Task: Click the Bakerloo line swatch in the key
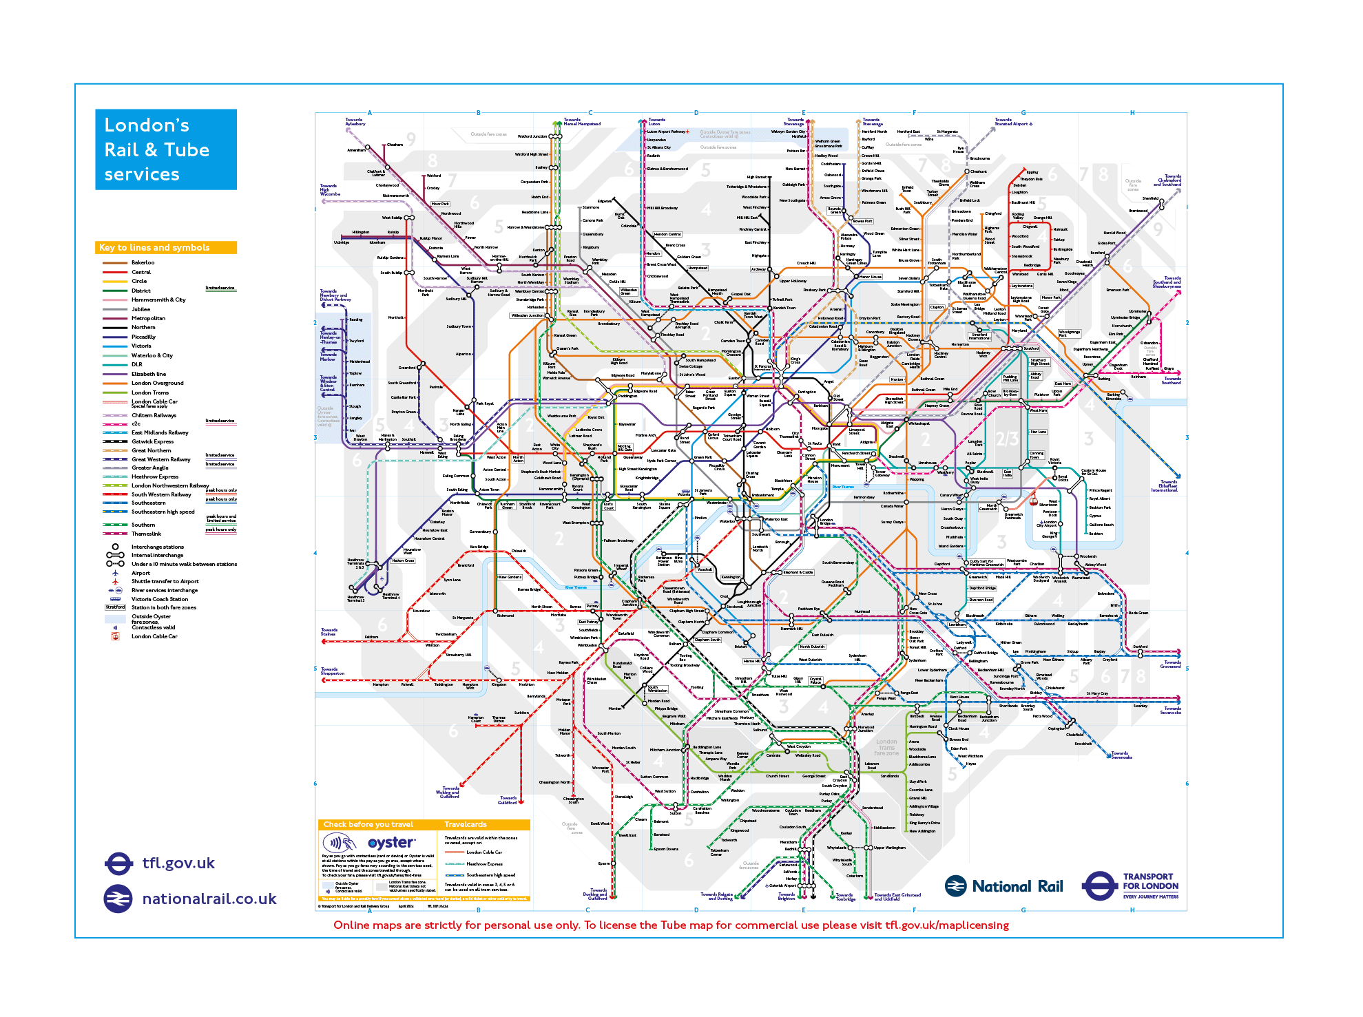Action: (114, 262)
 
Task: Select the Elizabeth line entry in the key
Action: (149, 374)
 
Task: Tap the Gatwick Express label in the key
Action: (152, 441)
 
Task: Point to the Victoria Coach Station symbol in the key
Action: (115, 599)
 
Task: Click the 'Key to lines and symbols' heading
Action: (155, 247)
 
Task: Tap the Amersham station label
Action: (356, 150)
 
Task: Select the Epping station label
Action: (1032, 172)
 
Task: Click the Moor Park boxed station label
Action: (440, 204)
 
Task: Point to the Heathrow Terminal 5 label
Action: (355, 598)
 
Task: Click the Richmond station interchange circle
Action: (495, 611)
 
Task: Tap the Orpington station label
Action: (1057, 728)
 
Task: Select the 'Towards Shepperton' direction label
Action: (332, 671)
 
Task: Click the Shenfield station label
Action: (1150, 198)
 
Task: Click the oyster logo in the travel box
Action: (391, 843)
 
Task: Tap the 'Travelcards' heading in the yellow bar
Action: (466, 824)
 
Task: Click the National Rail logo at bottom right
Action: (1003, 886)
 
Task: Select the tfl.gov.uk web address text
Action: (178, 863)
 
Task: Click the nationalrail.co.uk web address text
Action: (209, 899)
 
